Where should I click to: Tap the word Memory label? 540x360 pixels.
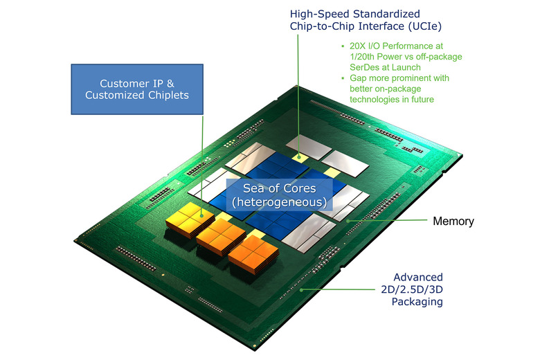click(x=453, y=222)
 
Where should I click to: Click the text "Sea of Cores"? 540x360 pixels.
click(x=280, y=188)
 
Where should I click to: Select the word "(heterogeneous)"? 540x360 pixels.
click(x=280, y=202)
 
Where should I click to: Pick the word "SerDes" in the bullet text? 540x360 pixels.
click(x=355, y=68)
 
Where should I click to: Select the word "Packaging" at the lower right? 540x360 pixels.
click(x=417, y=302)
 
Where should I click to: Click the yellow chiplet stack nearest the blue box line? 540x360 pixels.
click(x=186, y=220)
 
